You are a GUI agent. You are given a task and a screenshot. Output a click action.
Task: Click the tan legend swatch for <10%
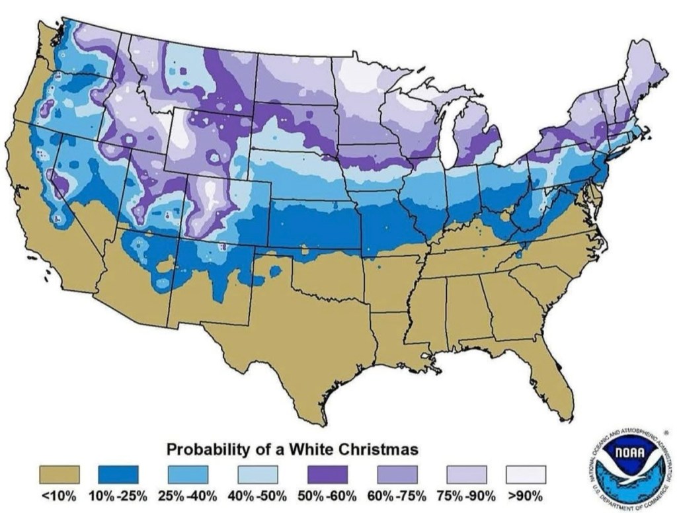(x=60, y=475)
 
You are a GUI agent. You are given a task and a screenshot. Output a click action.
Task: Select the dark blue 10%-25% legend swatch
(x=118, y=475)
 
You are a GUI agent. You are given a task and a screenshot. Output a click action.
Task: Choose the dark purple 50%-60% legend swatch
(x=327, y=475)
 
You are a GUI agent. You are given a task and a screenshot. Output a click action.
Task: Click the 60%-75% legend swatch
(x=397, y=475)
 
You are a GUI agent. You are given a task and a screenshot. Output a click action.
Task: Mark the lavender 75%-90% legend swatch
(x=467, y=475)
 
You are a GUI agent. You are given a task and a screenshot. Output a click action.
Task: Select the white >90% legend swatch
(x=526, y=475)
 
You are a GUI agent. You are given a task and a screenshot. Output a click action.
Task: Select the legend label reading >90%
(x=526, y=495)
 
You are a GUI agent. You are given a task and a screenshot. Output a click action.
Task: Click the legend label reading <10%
(x=60, y=495)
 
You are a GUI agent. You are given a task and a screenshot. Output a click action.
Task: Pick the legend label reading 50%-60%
(x=327, y=495)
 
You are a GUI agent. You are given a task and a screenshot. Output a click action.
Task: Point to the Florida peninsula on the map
(x=552, y=380)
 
